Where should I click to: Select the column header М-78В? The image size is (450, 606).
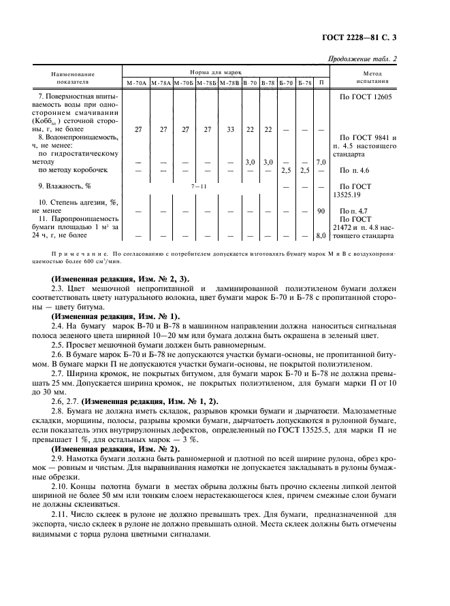(x=227, y=82)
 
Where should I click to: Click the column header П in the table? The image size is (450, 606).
(x=321, y=82)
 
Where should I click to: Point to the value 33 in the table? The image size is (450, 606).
(x=230, y=129)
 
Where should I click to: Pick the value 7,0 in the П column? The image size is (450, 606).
(x=321, y=163)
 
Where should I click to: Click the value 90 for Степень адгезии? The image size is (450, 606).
(x=321, y=212)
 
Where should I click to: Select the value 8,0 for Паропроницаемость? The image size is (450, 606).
(x=321, y=236)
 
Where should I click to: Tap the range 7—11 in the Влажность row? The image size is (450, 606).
(x=199, y=186)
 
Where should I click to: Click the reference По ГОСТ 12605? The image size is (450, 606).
(x=366, y=97)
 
